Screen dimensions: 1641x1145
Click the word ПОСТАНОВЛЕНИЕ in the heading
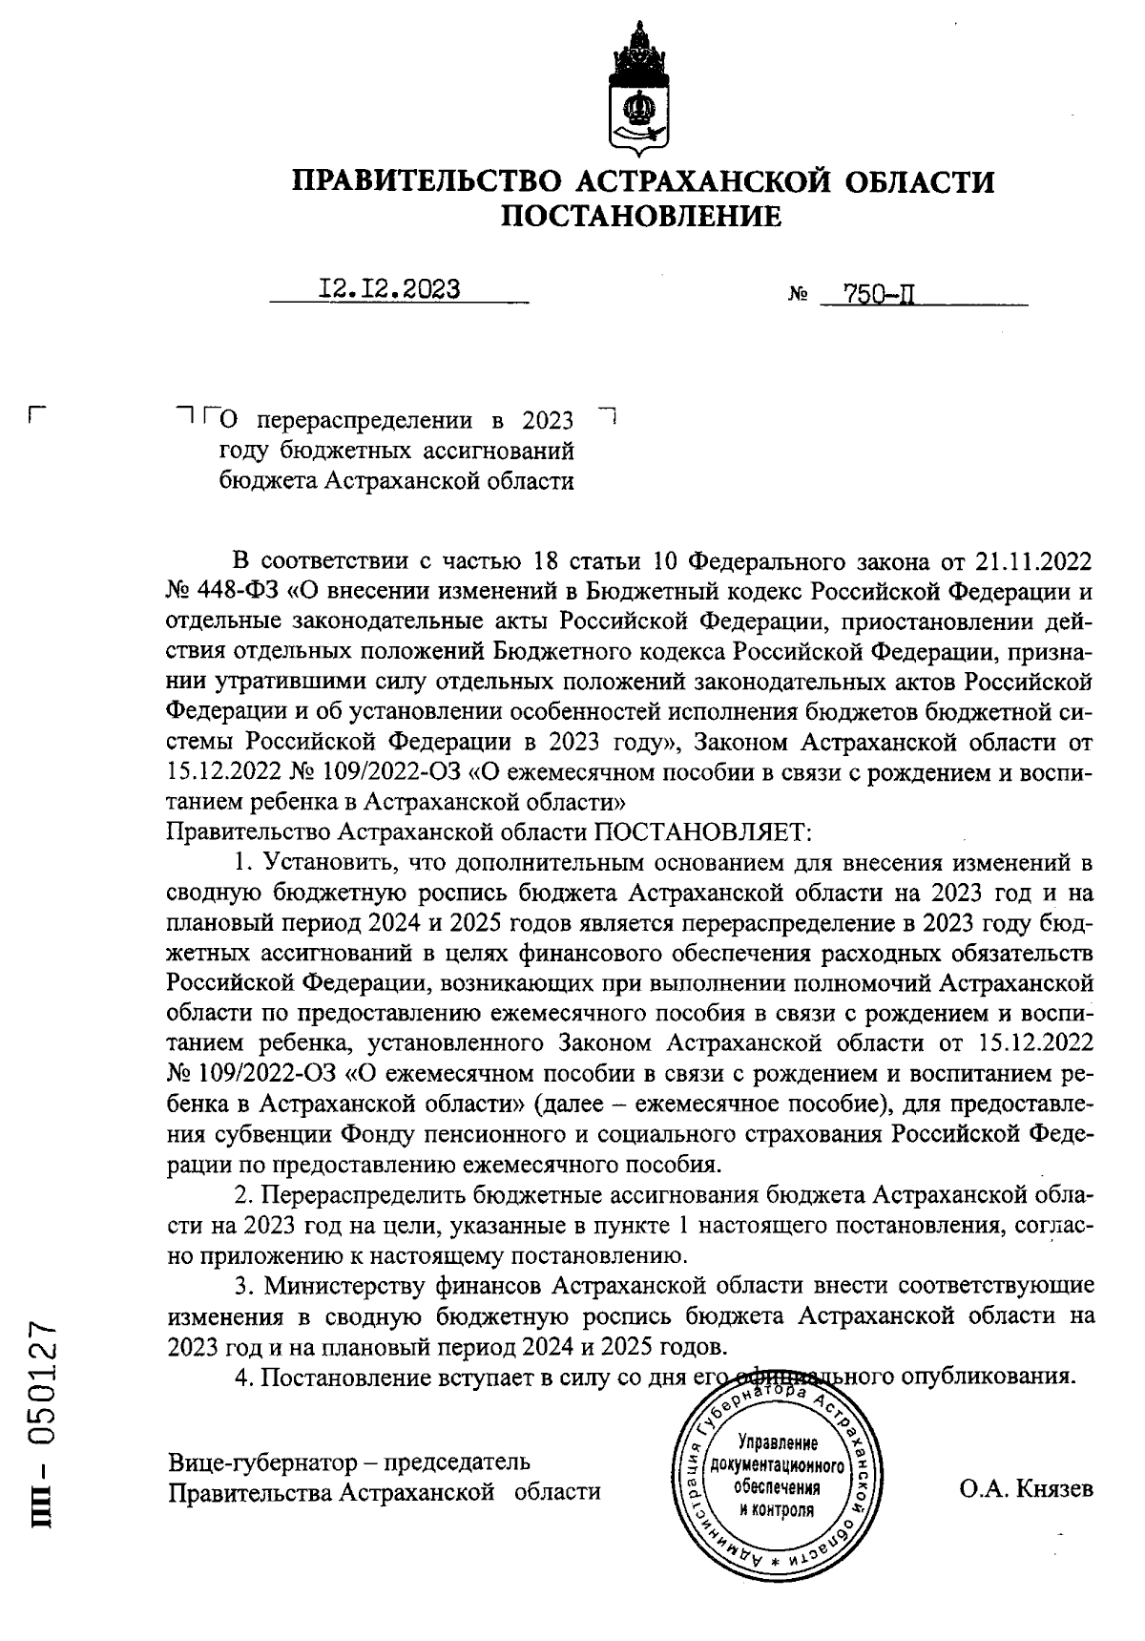(x=641, y=218)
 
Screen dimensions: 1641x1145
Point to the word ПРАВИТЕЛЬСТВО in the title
(x=426, y=181)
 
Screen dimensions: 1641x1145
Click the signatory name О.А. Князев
(x=1027, y=1490)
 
